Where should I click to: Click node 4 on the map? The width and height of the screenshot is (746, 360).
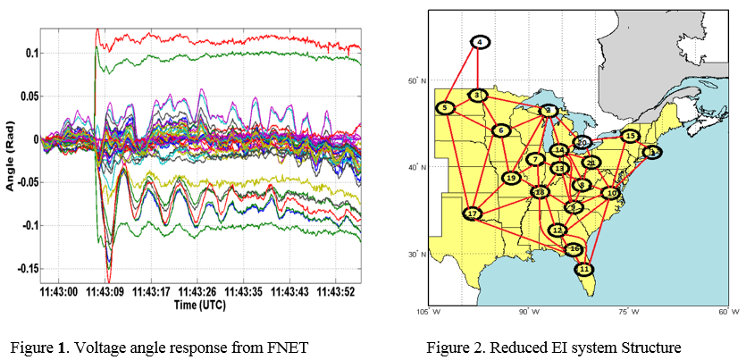[x=481, y=42]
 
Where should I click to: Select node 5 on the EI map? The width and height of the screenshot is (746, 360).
[x=446, y=108]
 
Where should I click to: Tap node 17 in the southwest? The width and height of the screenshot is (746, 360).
[x=472, y=213]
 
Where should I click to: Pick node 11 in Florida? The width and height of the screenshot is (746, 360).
[x=584, y=269]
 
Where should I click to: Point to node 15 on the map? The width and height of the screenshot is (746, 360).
[x=630, y=137]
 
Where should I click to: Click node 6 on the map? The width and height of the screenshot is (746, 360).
[x=500, y=130]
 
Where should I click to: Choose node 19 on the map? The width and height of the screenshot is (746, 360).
[x=511, y=178]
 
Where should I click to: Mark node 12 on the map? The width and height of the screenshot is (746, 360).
[x=557, y=230]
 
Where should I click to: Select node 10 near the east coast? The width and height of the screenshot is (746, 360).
[x=612, y=192]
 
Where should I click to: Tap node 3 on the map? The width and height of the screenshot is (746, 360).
[x=478, y=95]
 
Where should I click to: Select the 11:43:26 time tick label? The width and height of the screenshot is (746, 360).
[x=199, y=291]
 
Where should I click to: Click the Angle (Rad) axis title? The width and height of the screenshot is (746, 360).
[x=11, y=155]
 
